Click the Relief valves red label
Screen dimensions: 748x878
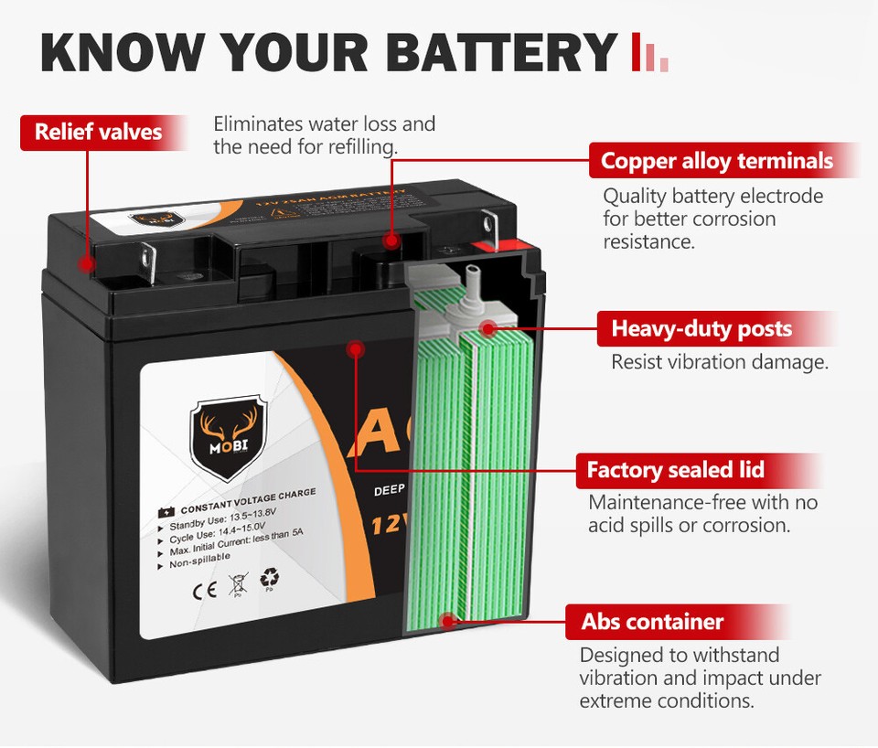pyautogui.click(x=98, y=132)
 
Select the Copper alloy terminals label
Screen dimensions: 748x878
pyautogui.click(x=717, y=161)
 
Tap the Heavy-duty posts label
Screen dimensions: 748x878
pyautogui.click(x=701, y=328)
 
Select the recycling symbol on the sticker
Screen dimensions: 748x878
pyautogui.click(x=271, y=578)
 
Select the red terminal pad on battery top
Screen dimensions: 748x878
pyautogui.click(x=499, y=244)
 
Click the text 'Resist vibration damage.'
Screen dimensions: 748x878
pyautogui.click(x=719, y=362)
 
